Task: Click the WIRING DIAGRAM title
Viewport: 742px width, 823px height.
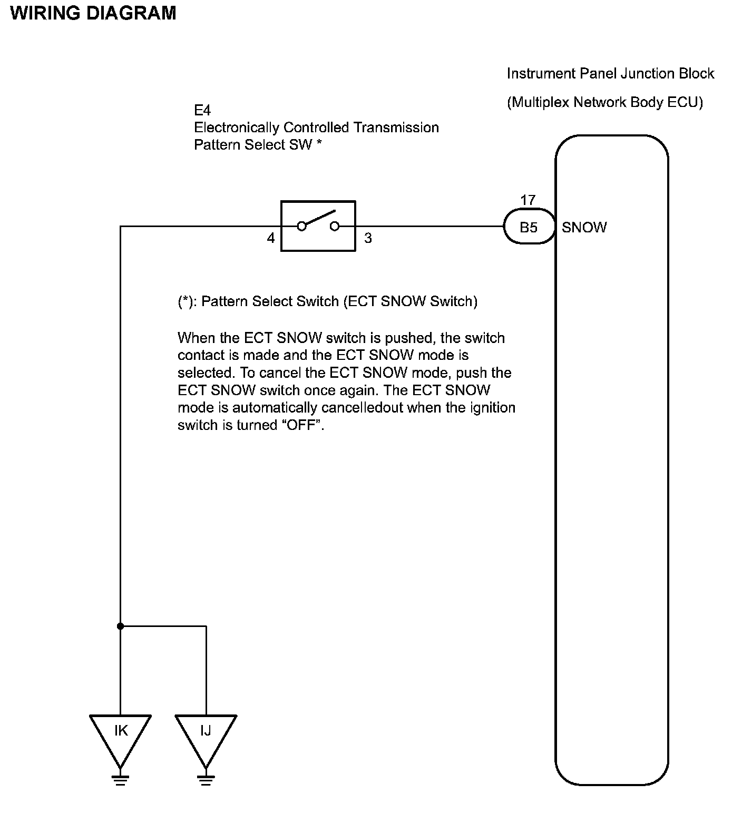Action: (x=93, y=13)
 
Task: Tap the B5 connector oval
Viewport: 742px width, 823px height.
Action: (x=529, y=227)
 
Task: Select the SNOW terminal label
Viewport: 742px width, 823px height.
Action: (x=584, y=228)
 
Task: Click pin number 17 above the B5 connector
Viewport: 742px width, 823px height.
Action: (x=528, y=200)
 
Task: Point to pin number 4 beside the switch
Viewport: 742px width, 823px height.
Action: (x=270, y=239)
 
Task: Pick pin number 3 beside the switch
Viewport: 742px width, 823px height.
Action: (x=368, y=239)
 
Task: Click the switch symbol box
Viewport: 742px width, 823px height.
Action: (x=318, y=226)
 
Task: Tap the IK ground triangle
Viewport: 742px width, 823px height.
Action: (x=121, y=735)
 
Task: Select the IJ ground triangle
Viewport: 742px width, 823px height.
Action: (x=206, y=735)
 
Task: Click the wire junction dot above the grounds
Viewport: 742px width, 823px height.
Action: (x=121, y=626)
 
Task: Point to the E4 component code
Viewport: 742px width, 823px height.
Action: (x=202, y=111)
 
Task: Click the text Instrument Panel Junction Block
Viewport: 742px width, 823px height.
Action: (x=610, y=74)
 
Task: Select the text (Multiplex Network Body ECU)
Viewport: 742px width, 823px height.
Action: (x=605, y=102)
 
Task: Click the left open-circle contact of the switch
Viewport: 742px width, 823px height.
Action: (x=302, y=227)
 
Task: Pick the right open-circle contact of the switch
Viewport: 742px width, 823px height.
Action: (x=334, y=227)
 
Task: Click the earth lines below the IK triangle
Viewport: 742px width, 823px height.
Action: (x=121, y=780)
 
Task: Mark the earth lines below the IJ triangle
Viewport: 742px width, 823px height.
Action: (x=206, y=780)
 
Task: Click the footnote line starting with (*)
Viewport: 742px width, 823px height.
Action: (x=327, y=301)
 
